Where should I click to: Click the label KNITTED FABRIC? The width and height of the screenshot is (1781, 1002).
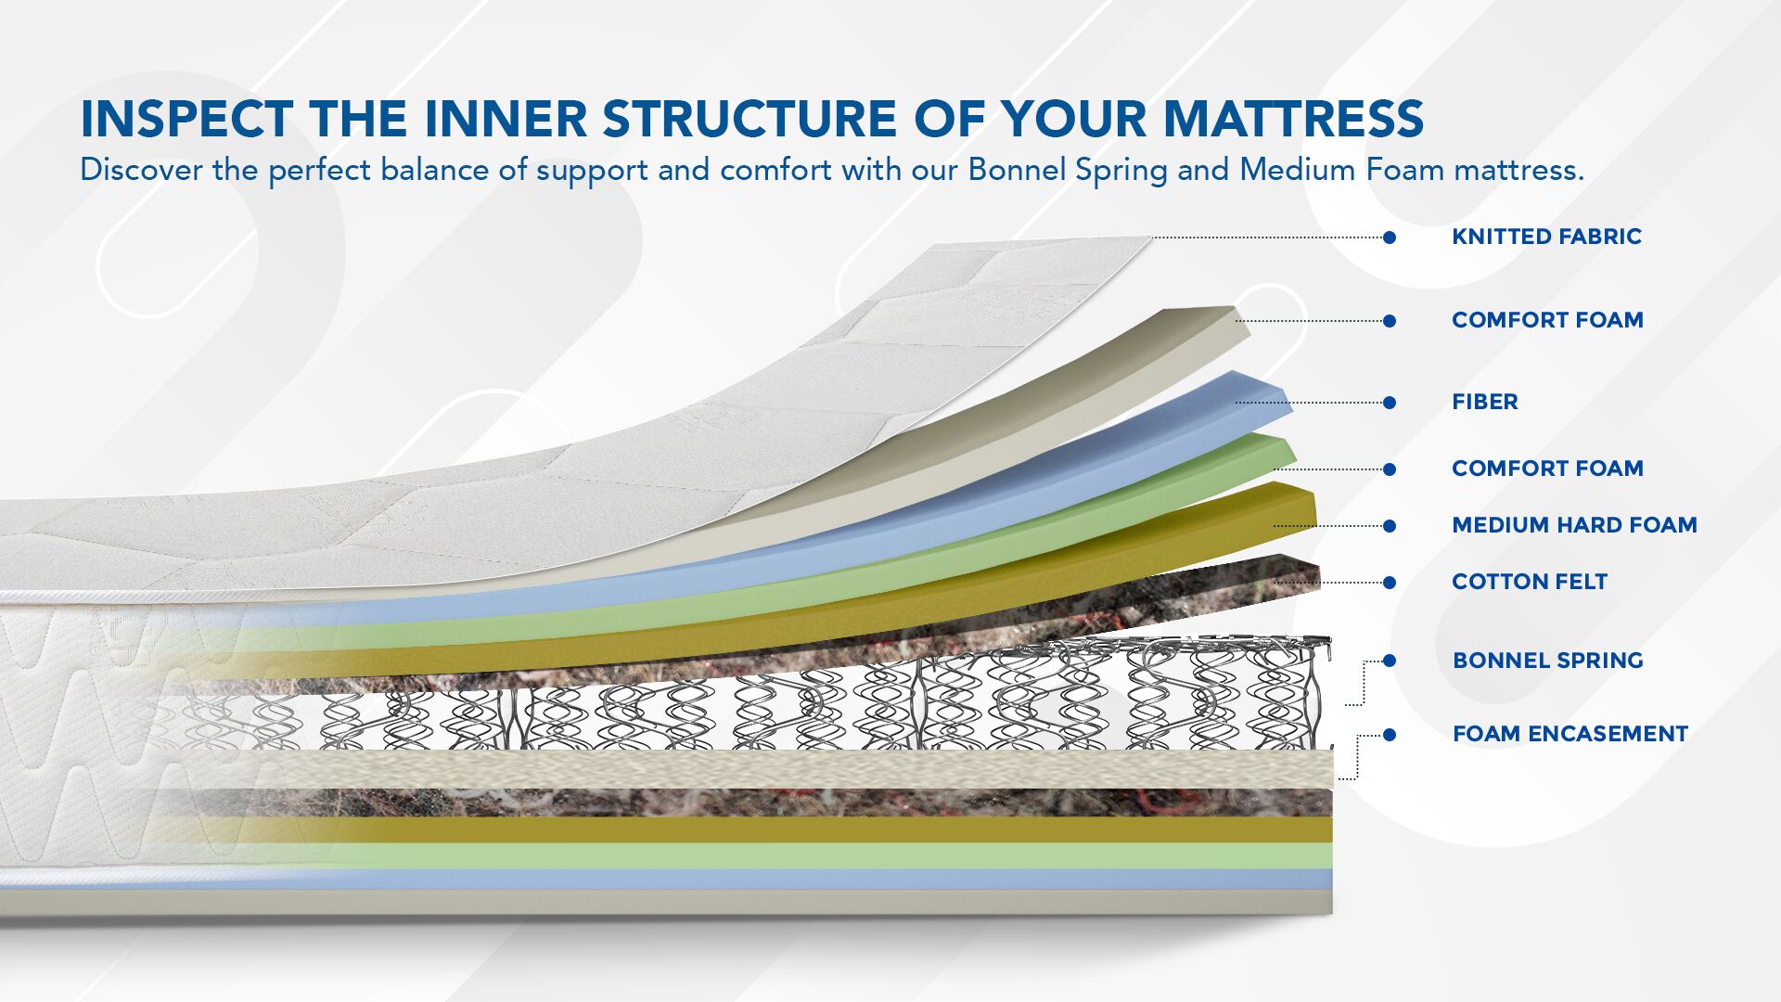[1546, 237]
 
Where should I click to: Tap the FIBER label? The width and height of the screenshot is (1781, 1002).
[1485, 402]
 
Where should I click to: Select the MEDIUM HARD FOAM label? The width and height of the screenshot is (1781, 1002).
[1574, 525]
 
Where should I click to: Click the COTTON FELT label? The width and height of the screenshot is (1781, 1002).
[1530, 582]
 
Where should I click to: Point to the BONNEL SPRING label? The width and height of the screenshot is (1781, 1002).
[1547, 661]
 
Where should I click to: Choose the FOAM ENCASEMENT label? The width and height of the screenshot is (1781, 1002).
[1570, 734]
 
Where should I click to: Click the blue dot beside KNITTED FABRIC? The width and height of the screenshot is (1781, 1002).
[1390, 238]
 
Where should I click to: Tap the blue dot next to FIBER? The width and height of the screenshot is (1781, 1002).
[1390, 403]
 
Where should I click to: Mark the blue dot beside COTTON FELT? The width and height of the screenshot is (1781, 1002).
[1390, 583]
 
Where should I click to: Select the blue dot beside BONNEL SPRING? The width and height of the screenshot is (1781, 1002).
[1390, 661]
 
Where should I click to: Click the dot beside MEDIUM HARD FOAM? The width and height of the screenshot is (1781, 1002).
[1390, 526]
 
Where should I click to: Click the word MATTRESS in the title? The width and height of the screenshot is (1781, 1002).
[1293, 119]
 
